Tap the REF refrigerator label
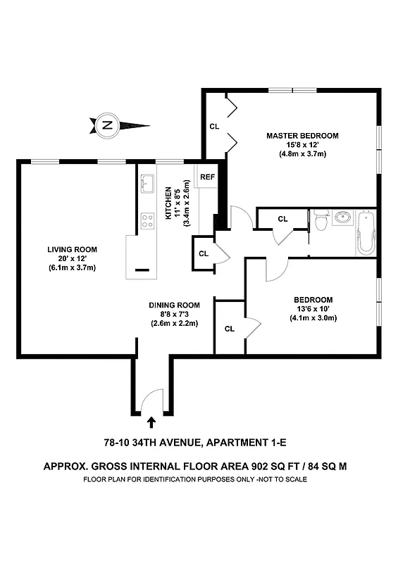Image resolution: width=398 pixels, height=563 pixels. click(207, 177)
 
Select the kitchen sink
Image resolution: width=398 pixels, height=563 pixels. click(147, 184)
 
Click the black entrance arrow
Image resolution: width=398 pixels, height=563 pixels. click(152, 422)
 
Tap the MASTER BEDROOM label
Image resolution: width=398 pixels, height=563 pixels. click(302, 136)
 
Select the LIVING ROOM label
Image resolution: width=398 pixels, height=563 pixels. click(72, 249)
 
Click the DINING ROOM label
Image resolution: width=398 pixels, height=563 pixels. click(174, 305)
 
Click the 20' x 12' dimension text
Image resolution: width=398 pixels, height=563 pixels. click(72, 258)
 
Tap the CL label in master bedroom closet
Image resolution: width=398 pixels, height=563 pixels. click(215, 127)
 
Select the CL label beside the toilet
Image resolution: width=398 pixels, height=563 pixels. click(282, 219)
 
